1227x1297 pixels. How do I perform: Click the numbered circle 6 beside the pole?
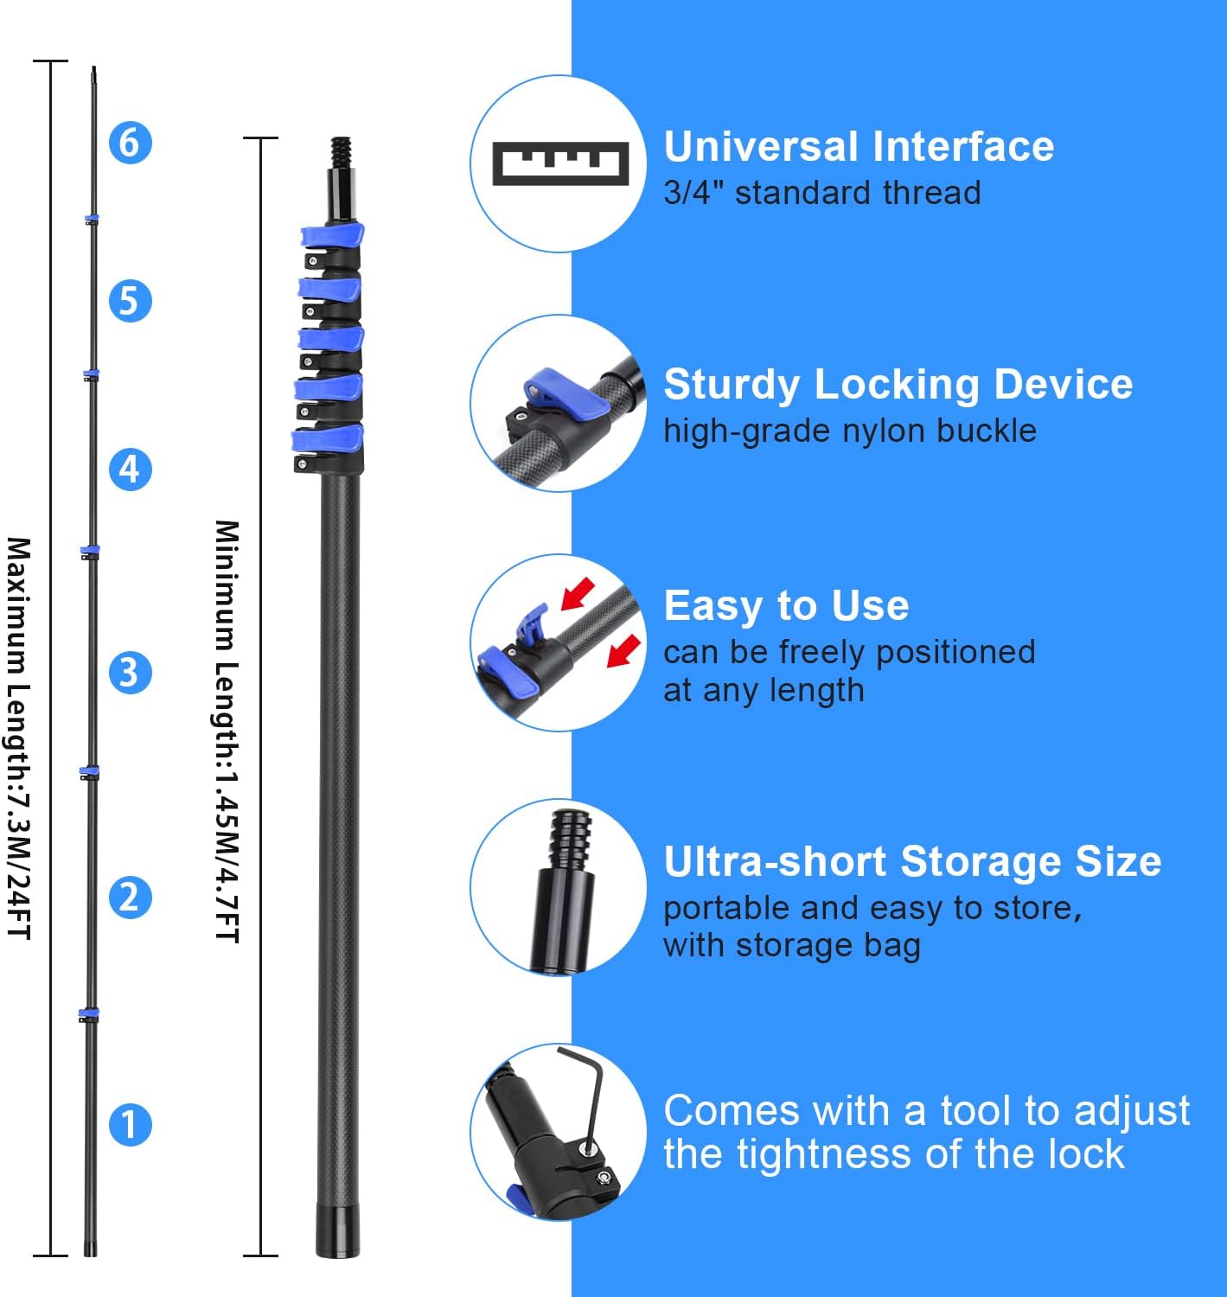pos(130,142)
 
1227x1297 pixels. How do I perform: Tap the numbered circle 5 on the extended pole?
pos(130,301)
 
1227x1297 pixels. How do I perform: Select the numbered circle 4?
pos(130,469)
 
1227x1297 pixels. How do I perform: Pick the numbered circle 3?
pos(130,673)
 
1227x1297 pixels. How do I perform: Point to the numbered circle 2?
pos(130,897)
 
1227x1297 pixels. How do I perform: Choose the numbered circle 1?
pos(130,1124)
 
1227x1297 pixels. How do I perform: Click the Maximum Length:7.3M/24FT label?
pos(19,738)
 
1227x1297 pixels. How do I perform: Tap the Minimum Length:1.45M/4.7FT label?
pos(227,731)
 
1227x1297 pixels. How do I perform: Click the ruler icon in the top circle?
pos(559,163)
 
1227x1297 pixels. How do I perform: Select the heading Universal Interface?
pos(859,146)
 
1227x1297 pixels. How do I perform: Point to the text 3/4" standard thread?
pos(821,193)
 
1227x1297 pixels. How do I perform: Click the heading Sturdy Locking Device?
pos(898,385)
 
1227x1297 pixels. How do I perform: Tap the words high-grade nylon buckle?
pos(849,431)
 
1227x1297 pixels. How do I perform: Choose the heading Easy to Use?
pos(786,605)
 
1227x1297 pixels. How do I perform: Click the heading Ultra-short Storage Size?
pos(912,861)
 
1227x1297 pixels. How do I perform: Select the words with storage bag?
pos(791,945)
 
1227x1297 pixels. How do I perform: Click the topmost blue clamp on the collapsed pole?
pos(332,236)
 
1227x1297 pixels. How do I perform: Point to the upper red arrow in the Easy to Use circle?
pos(578,593)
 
